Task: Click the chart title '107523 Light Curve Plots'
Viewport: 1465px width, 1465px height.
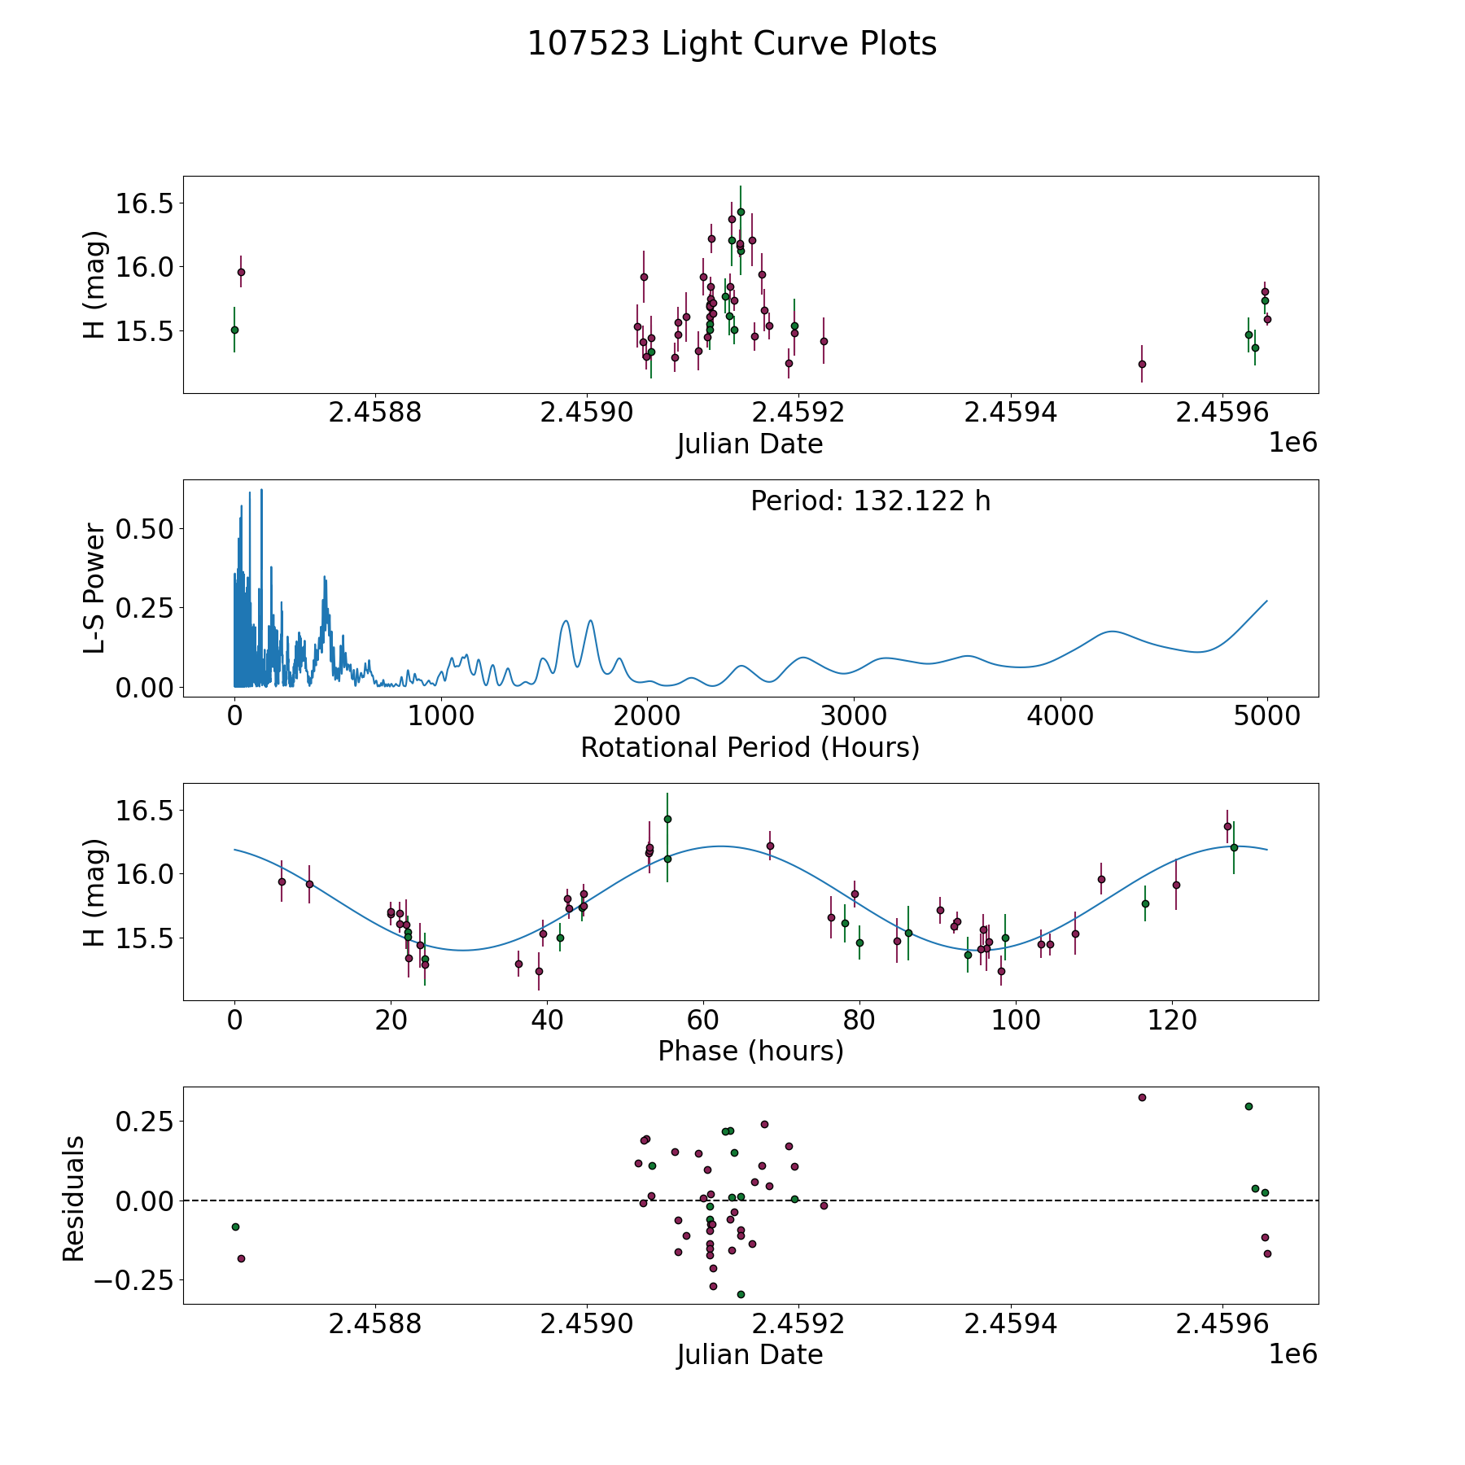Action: click(732, 44)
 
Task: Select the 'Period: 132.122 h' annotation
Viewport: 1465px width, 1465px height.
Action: click(871, 501)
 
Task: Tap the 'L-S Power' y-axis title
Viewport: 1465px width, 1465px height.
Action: click(95, 588)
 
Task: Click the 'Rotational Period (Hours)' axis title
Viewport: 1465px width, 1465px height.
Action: click(750, 747)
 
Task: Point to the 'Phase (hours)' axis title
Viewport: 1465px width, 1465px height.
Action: click(750, 1051)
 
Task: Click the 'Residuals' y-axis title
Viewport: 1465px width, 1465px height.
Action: click(73, 1199)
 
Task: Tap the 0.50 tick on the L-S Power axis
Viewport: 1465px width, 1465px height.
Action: click(145, 529)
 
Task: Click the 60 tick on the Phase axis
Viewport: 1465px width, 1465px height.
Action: click(703, 1020)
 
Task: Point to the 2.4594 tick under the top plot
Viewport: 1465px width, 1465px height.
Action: click(1011, 413)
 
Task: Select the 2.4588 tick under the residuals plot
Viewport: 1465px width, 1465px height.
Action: click(375, 1324)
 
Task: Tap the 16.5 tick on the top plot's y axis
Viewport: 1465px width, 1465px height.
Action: click(145, 203)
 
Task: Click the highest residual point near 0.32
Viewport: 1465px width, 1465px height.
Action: click(1142, 1097)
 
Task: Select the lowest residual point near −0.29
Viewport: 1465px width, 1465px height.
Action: click(741, 1294)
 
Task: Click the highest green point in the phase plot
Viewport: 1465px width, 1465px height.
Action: click(667, 819)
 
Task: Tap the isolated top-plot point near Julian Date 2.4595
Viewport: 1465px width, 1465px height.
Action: click(1142, 364)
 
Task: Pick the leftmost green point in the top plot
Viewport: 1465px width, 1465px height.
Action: click(234, 330)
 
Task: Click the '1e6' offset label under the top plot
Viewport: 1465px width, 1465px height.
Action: click(1293, 443)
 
